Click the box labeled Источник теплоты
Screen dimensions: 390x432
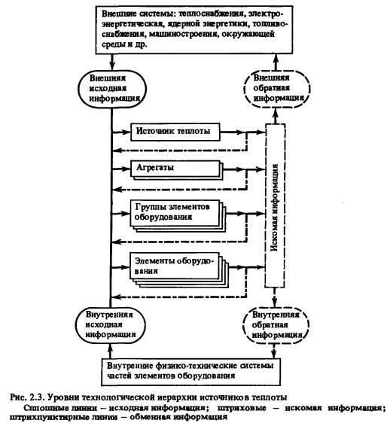pyautogui.click(x=175, y=132)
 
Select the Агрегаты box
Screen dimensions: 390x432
pyautogui.click(x=176, y=170)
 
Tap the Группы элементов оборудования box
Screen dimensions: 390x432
pyautogui.click(x=178, y=216)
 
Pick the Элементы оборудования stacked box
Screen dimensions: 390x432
pyautogui.click(x=179, y=270)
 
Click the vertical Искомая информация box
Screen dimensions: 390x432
pyautogui.click(x=275, y=205)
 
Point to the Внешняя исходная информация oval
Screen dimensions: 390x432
pyautogui.click(x=112, y=90)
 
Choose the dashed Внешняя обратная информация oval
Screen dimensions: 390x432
pyautogui.click(x=277, y=89)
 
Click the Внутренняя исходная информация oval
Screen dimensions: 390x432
pyautogui.click(x=110, y=325)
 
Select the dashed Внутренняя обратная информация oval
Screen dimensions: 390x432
pyautogui.click(x=276, y=325)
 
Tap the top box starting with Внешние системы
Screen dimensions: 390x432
pyautogui.click(x=194, y=30)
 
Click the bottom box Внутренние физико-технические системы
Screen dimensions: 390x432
pyautogui.click(x=191, y=371)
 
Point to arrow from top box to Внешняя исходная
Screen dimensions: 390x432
pyautogui.click(x=112, y=62)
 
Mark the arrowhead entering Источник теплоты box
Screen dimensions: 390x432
pyautogui.click(x=126, y=132)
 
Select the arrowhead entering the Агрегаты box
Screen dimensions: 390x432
pyautogui.click(x=126, y=168)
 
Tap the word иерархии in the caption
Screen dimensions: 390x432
pyautogui.click(x=175, y=398)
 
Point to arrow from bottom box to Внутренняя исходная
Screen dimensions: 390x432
pyautogui.click(x=110, y=351)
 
